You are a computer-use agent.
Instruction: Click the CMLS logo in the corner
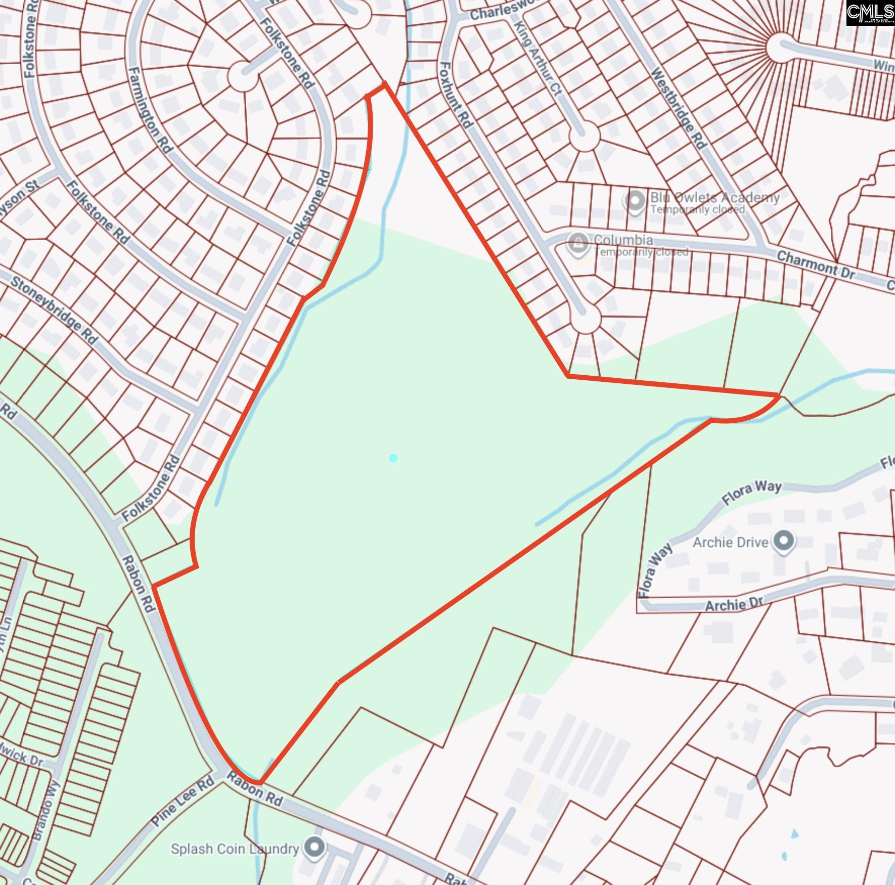pos(870,13)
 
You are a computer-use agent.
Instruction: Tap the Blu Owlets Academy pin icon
pos(635,201)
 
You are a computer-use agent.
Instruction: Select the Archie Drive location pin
pos(784,541)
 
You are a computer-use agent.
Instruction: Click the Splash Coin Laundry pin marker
pos(315,847)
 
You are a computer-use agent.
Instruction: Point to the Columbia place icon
pos(578,244)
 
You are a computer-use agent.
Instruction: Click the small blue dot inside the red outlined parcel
pos(393,458)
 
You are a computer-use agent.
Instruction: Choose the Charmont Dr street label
pos(815,265)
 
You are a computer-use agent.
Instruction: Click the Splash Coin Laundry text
pos(235,848)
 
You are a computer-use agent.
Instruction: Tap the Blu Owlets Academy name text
pos(714,197)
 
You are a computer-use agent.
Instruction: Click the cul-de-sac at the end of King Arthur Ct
pos(584,136)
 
